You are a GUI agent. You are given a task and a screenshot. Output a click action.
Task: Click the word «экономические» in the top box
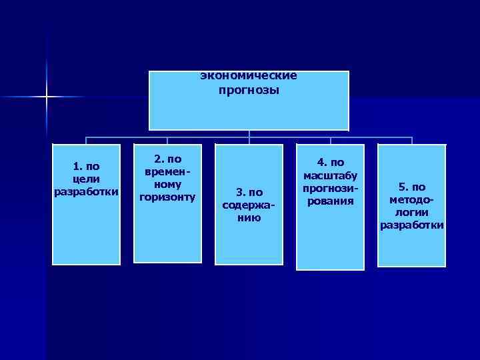tap(249, 76)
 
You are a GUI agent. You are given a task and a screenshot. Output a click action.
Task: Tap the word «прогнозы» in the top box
tap(249, 89)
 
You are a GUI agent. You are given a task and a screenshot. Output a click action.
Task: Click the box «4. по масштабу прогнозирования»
tap(330, 207)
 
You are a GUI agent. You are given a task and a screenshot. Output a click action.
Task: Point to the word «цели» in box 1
tap(86, 179)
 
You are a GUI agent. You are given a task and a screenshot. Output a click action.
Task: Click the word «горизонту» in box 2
tap(167, 197)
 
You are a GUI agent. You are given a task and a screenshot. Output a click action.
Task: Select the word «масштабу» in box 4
tap(331, 176)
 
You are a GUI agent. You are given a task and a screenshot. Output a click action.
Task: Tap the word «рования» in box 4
tap(331, 201)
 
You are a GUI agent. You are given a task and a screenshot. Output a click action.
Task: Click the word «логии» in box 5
tap(412, 213)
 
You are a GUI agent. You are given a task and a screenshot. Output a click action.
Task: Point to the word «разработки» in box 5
tap(412, 225)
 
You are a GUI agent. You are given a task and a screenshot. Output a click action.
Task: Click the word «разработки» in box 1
tap(86, 192)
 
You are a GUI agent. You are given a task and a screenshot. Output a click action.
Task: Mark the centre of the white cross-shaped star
tap(47, 97)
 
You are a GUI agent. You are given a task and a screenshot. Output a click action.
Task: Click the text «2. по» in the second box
tap(167, 159)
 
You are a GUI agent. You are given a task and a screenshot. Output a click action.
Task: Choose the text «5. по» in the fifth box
tap(412, 187)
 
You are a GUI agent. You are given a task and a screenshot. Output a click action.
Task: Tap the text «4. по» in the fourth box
tap(331, 163)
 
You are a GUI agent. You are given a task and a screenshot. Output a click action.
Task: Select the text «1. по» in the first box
tap(86, 167)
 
